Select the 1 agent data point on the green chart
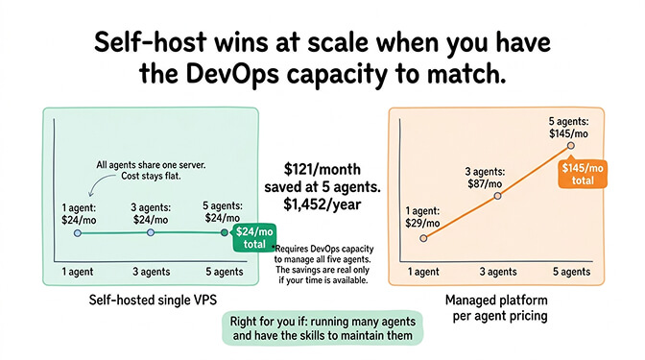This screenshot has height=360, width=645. [78, 232]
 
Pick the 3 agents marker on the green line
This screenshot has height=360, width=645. [150, 232]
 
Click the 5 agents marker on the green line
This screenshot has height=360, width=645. [225, 232]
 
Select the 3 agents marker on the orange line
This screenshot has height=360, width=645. [497, 196]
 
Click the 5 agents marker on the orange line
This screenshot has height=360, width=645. [570, 146]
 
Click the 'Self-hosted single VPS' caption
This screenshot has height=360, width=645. [138, 300]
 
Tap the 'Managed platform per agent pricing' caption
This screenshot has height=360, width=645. [496, 308]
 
